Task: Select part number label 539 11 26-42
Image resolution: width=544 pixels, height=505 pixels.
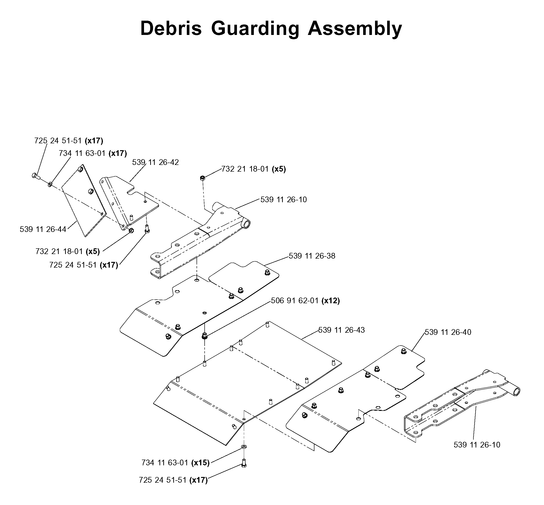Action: pyautogui.click(x=155, y=162)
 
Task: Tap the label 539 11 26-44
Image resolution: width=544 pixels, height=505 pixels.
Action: pyautogui.click(x=43, y=229)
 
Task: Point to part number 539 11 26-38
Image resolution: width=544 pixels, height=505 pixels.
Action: pyautogui.click(x=312, y=256)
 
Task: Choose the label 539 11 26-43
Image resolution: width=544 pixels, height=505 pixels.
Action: pyautogui.click(x=341, y=330)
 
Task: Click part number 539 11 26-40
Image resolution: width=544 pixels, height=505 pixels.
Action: pyautogui.click(x=448, y=332)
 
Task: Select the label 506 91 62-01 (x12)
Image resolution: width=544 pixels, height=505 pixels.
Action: pyautogui.click(x=305, y=301)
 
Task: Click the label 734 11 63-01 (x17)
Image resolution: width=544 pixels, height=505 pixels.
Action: pyautogui.click(x=93, y=153)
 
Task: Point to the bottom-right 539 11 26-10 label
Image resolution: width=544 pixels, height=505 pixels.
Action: pyautogui.click(x=477, y=445)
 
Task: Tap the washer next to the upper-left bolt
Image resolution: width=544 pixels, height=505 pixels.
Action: pyautogui.click(x=50, y=184)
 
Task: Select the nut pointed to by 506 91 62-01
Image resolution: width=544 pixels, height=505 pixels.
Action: pyautogui.click(x=204, y=336)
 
